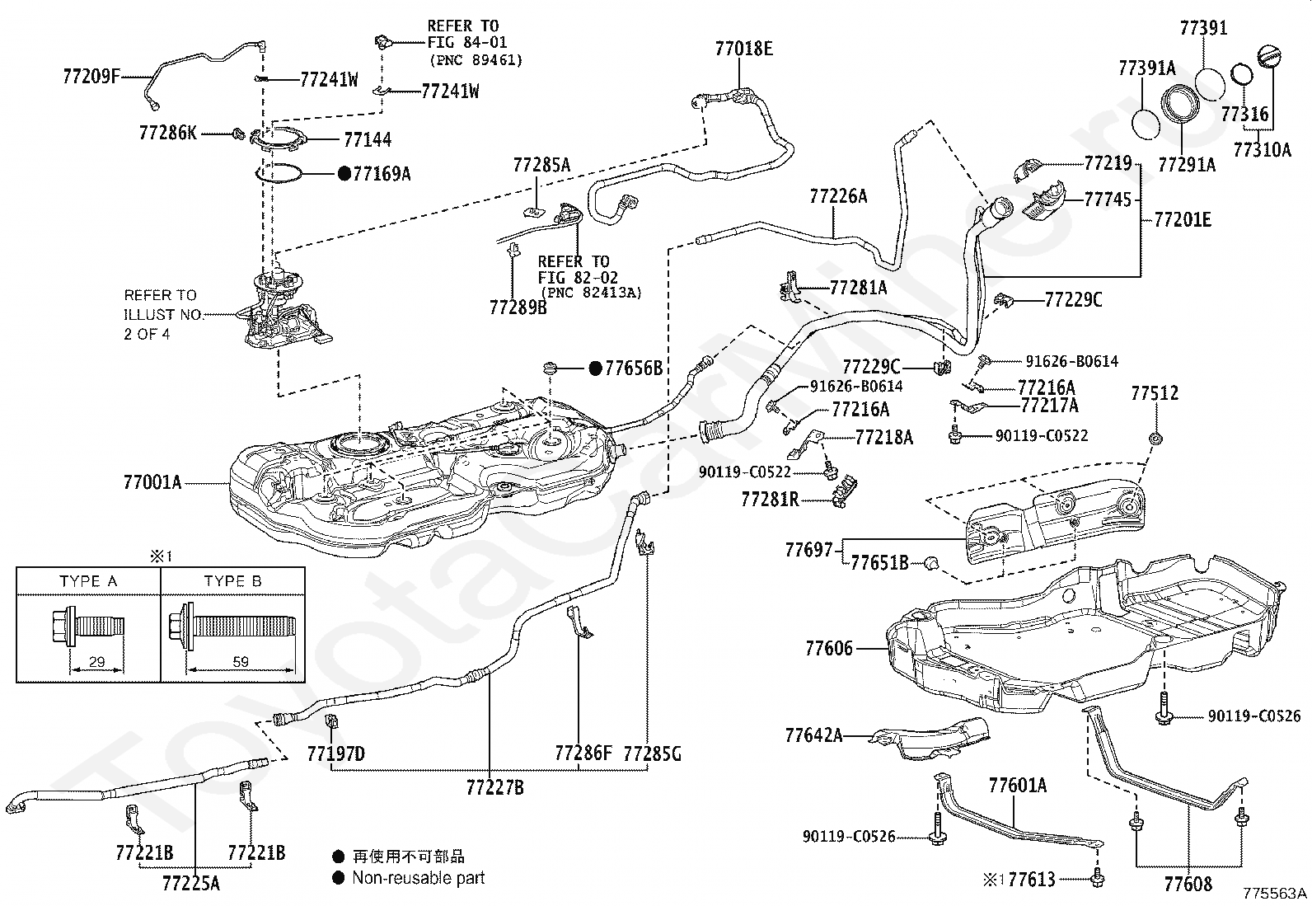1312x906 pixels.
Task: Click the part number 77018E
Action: coord(744,49)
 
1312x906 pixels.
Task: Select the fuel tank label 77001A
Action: coord(152,482)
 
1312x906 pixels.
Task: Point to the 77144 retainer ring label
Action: coord(368,139)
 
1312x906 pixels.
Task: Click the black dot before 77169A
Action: coord(344,173)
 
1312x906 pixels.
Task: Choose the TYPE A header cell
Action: coord(88,580)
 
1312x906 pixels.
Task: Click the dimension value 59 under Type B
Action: coord(241,662)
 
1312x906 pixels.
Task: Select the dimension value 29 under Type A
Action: coord(96,662)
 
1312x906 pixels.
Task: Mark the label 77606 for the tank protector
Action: coord(829,649)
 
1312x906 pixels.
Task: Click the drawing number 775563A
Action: coord(1275,893)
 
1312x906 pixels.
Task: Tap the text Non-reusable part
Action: coord(418,878)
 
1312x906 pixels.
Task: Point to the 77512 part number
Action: coord(1155,392)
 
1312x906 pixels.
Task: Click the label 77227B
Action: coord(495,787)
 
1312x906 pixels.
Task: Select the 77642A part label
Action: coord(813,735)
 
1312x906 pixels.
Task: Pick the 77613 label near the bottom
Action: coord(1032,879)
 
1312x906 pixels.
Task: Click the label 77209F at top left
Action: coord(91,76)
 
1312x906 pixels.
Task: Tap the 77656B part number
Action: coord(634,368)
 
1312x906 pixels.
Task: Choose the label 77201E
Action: coord(1183,220)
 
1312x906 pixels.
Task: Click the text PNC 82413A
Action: coord(591,292)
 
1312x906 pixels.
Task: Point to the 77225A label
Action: coord(191,883)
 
